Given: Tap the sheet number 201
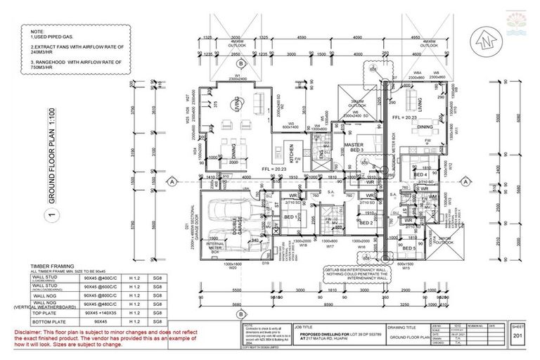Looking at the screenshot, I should (x=517, y=337).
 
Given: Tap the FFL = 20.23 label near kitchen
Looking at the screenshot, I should (x=269, y=168).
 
